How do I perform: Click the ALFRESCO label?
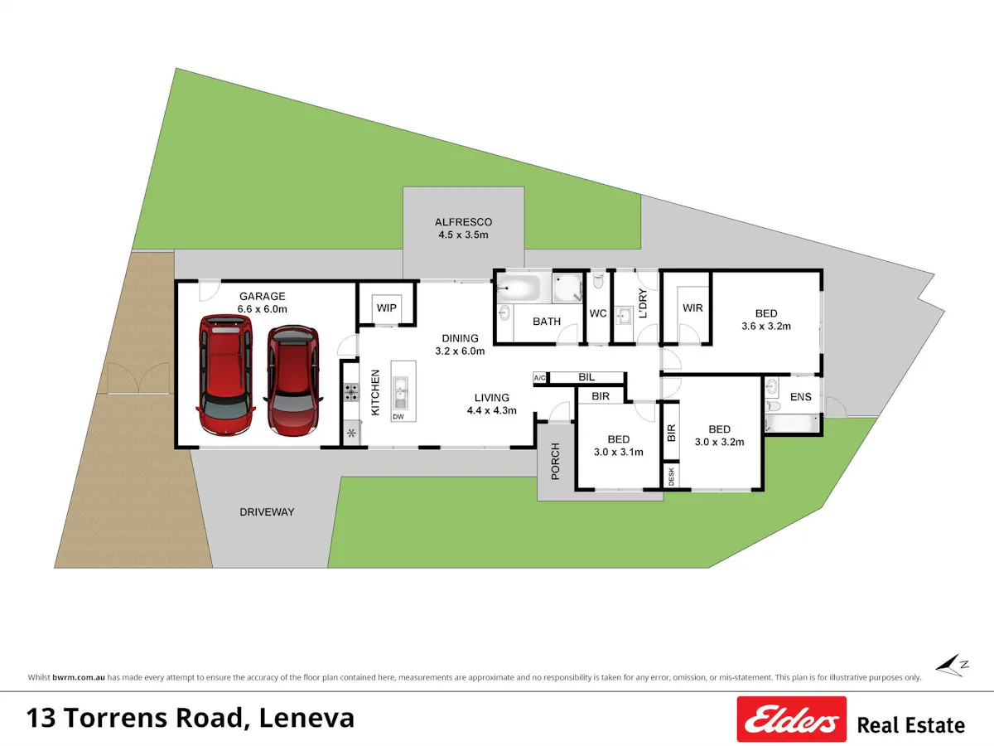[x=463, y=222]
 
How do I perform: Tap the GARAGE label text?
[x=263, y=296]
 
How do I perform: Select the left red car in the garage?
[x=225, y=375]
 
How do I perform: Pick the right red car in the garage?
[x=293, y=380]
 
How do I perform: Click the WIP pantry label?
[x=386, y=308]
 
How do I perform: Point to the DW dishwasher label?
[x=398, y=417]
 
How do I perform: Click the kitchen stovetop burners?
[x=351, y=392]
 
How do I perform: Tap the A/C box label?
[x=540, y=377]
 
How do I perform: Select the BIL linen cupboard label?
[x=586, y=377]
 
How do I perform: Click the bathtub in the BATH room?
[x=519, y=288]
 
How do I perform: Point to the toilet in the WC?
[x=598, y=280]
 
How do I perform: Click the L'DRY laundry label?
[x=643, y=303]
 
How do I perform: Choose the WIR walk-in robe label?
[x=692, y=308]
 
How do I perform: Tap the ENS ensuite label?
[x=801, y=397]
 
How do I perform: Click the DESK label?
[x=671, y=477]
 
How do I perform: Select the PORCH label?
[x=556, y=461]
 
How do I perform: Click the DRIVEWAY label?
[x=267, y=511]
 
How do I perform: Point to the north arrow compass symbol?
[x=952, y=666]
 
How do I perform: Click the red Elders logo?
[x=792, y=719]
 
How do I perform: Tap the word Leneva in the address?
[x=306, y=718]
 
